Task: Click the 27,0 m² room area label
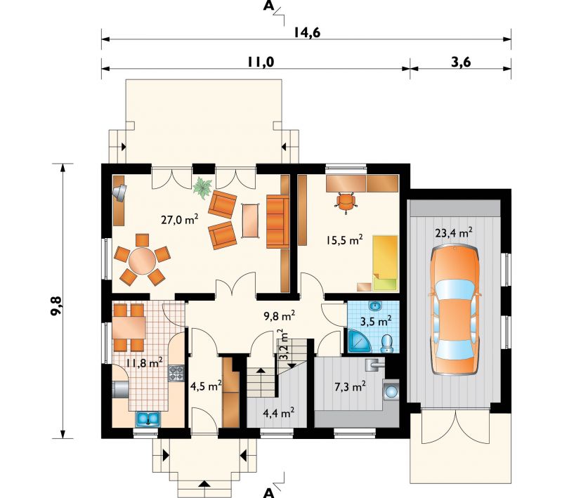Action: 180,219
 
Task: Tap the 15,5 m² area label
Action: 344,240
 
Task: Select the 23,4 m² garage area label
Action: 453,233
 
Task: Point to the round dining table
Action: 143,261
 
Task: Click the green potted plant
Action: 203,188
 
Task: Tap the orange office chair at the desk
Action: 346,203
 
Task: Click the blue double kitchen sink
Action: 148,419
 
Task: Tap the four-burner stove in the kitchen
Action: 176,373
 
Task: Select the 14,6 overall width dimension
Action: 307,32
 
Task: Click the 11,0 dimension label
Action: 260,62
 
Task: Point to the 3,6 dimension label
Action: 461,62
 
